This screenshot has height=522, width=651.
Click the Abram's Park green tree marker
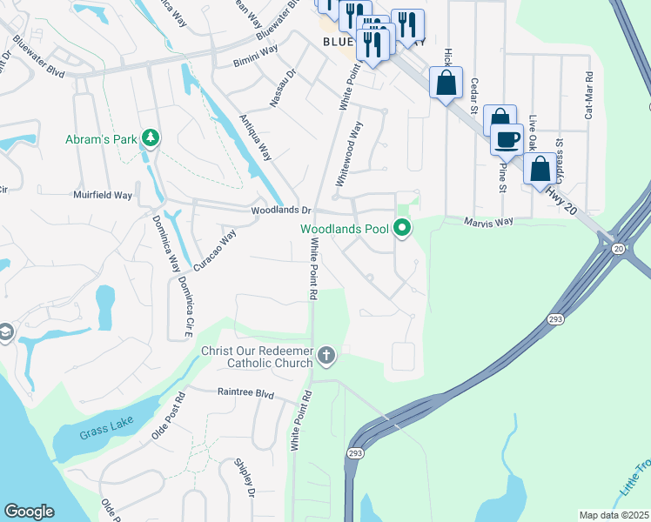151,138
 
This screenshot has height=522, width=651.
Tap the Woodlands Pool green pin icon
402,229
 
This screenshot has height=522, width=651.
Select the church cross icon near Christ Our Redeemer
326,354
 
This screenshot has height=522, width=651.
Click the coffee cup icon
506,137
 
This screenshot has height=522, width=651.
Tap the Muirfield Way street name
102,196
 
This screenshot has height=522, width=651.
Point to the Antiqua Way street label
256,137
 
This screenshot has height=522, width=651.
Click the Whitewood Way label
354,144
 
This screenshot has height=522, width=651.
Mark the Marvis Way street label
488,222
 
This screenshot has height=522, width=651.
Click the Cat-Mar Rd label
589,95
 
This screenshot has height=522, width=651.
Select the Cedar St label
475,96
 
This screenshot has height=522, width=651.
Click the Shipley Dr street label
245,478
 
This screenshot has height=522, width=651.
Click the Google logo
29,512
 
